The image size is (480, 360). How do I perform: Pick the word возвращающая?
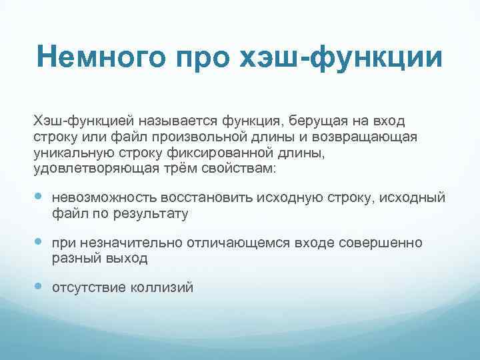pos(364,137)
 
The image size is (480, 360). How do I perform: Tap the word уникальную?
pos(73,153)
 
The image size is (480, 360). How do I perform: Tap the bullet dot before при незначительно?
pos(39,243)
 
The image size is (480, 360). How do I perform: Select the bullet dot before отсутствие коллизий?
pos(39,288)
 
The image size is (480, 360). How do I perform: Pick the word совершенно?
pos(382,243)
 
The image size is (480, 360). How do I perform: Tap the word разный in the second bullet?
pos(73,259)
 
